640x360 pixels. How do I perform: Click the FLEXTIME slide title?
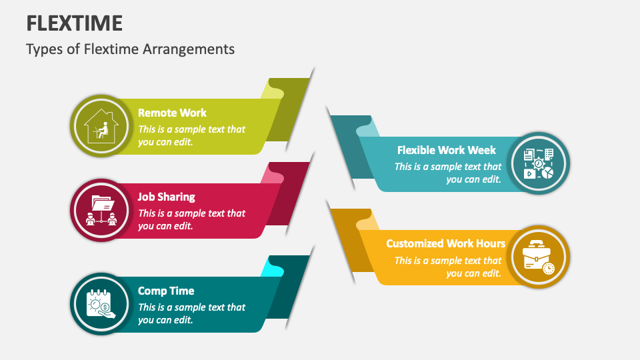click(74, 23)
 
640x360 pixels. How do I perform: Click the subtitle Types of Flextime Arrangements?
click(131, 49)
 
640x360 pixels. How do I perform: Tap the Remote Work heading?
click(172, 113)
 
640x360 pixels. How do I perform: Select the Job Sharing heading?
click(166, 197)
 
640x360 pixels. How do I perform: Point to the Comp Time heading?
click(166, 291)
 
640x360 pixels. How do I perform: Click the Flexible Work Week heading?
click(447, 150)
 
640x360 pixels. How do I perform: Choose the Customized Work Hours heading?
click(445, 243)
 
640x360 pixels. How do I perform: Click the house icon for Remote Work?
click(100, 125)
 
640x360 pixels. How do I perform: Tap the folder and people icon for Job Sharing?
click(100, 209)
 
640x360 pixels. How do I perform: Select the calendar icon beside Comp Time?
click(100, 303)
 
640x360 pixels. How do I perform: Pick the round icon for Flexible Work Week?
click(539, 163)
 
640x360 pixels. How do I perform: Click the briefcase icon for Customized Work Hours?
click(539, 257)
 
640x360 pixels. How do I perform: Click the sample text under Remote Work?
click(191, 135)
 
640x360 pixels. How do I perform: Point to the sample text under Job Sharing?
click(191, 219)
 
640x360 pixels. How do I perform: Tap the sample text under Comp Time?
click(191, 313)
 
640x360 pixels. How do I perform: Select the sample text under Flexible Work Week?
click(448, 173)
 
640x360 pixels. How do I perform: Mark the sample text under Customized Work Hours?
click(448, 267)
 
